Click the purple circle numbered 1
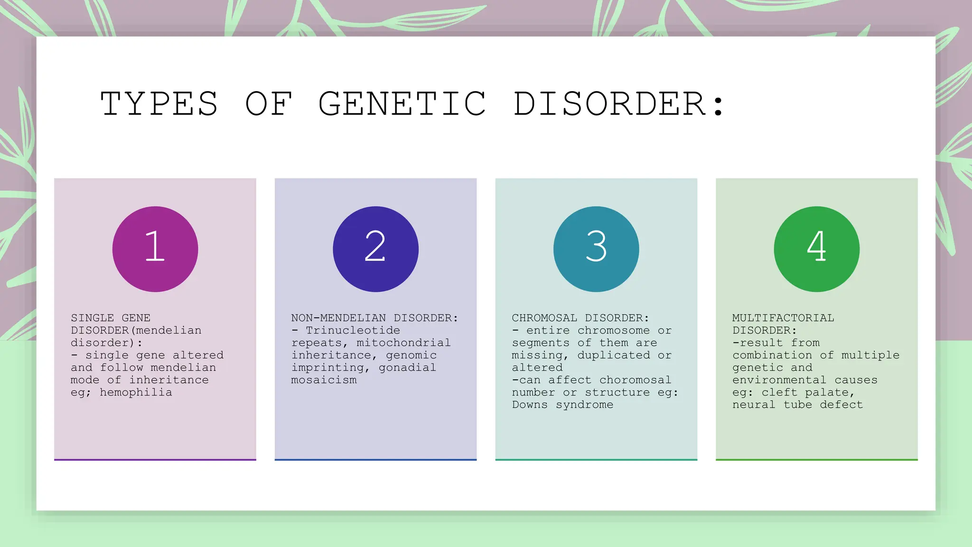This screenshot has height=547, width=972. (x=155, y=249)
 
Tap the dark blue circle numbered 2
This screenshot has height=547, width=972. (x=375, y=249)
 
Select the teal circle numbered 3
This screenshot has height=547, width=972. (x=596, y=249)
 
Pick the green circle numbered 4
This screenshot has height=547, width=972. (x=816, y=249)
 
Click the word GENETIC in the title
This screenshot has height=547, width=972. (x=402, y=104)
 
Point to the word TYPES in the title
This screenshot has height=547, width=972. (x=159, y=104)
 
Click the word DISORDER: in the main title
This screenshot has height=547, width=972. (x=619, y=104)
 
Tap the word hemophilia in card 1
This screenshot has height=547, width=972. (x=136, y=392)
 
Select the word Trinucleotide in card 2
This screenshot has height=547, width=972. (x=353, y=330)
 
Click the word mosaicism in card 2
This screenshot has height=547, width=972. (x=324, y=380)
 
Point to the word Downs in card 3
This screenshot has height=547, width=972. (x=530, y=405)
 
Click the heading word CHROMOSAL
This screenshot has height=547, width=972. (x=544, y=318)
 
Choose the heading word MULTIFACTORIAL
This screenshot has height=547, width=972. (x=783, y=318)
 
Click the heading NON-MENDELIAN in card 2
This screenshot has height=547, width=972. (x=338, y=318)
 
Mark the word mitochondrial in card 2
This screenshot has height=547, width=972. (x=403, y=342)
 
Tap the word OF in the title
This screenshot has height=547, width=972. (x=269, y=104)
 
